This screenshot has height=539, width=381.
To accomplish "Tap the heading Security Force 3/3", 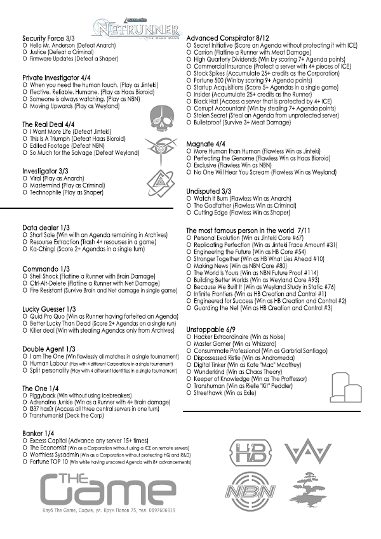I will tap(48, 39).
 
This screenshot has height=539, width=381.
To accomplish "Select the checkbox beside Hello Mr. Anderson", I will tap(24, 46).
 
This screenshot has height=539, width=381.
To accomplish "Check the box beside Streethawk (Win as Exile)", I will tap(189, 393).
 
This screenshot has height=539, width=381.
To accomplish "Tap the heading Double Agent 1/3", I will tap(50, 349).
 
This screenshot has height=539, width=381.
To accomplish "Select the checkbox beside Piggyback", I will tap(24, 395).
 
